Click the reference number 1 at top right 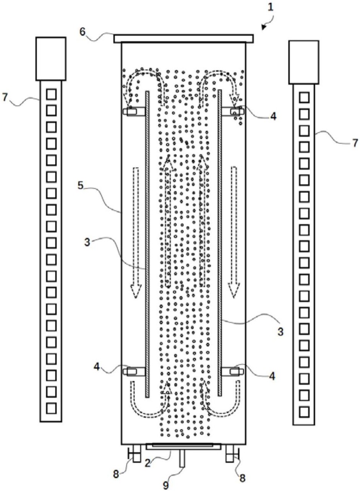(271, 8)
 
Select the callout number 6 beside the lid (83, 32)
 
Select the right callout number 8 (242, 476)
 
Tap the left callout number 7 (5, 98)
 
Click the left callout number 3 (88, 243)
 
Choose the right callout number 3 (280, 332)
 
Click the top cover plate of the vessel (183, 38)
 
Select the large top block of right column (304, 62)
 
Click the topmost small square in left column (51, 94)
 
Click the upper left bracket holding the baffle (134, 111)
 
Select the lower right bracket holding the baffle (233, 371)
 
